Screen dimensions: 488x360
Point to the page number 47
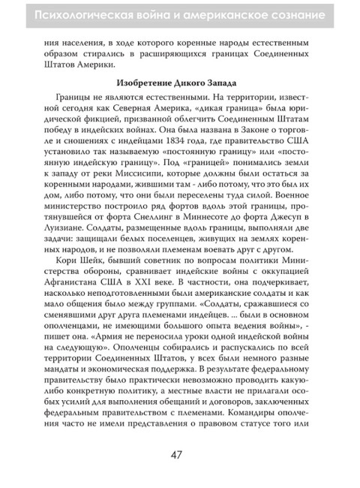pos(179,453)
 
